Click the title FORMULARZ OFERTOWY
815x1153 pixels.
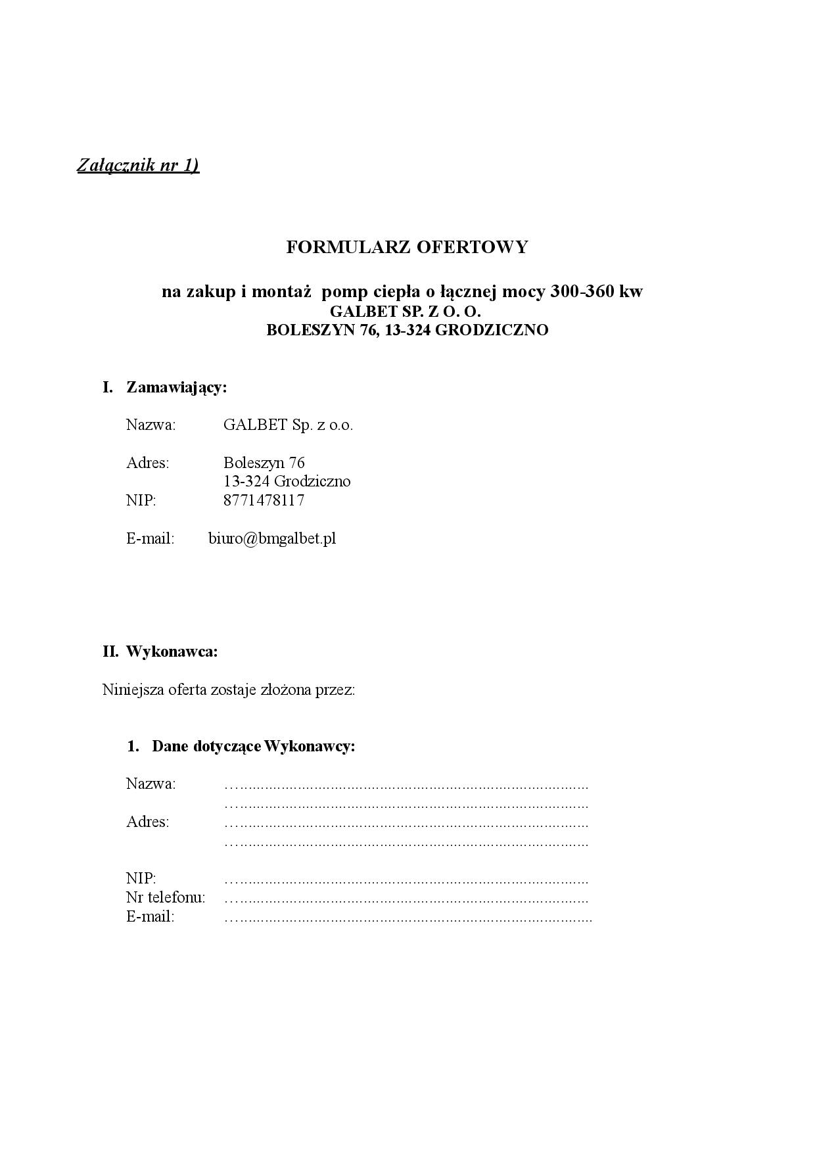tap(407, 247)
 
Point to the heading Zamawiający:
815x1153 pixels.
tap(176, 387)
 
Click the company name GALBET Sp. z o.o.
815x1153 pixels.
tap(288, 425)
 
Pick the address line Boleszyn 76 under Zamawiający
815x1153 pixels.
tap(264, 463)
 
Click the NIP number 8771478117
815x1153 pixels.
tap(264, 500)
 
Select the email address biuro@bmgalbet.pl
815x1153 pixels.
tap(272, 538)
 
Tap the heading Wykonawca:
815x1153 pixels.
tap(172, 652)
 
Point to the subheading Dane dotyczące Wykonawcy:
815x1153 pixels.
tap(253, 746)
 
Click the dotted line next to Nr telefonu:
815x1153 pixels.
tap(406, 899)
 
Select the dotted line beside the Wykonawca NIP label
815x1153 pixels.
tap(406, 880)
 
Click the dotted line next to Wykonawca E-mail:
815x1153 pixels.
tap(407, 918)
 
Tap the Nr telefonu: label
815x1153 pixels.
tap(166, 897)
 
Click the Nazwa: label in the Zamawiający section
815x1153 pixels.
tap(151, 425)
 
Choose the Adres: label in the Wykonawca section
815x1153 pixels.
tap(148, 822)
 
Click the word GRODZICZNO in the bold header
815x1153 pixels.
tap(492, 330)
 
